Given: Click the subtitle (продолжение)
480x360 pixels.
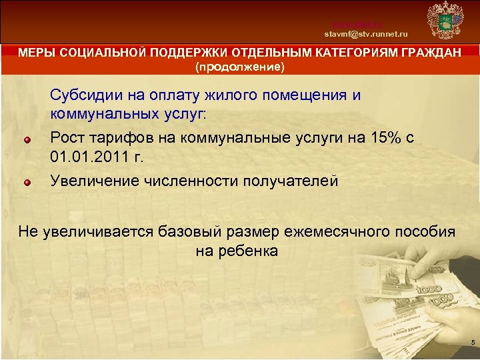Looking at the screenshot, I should click(x=239, y=67).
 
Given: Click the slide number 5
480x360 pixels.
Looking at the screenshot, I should click(x=472, y=343).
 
